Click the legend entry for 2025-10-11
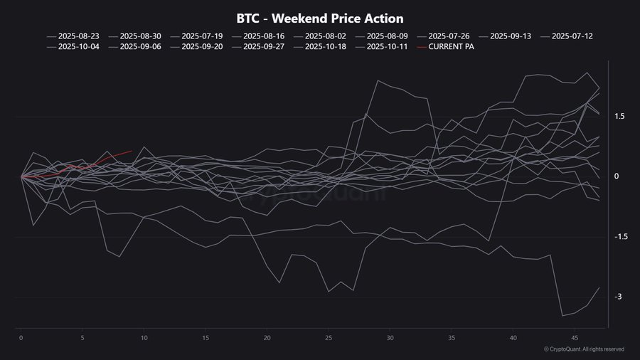coord(387,47)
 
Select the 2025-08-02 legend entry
coord(325,35)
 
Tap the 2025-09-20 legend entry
coord(202,47)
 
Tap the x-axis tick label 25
coord(329,338)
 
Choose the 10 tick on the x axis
coord(144,338)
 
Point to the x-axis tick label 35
coord(452,338)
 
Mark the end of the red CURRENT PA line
coord(132,151)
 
